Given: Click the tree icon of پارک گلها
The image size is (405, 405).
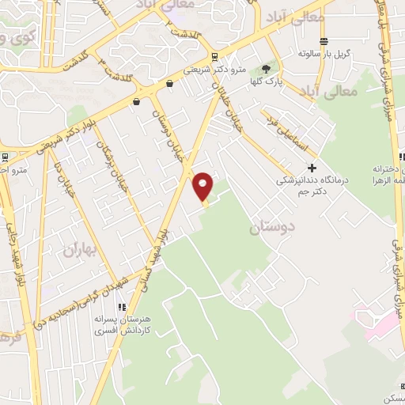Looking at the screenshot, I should click(x=274, y=68).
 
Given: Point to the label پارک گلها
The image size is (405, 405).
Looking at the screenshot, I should click(x=267, y=81).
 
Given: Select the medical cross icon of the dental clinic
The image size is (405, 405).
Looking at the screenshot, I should click(x=312, y=168).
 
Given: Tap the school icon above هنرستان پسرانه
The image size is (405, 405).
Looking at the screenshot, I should click(x=121, y=308).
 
